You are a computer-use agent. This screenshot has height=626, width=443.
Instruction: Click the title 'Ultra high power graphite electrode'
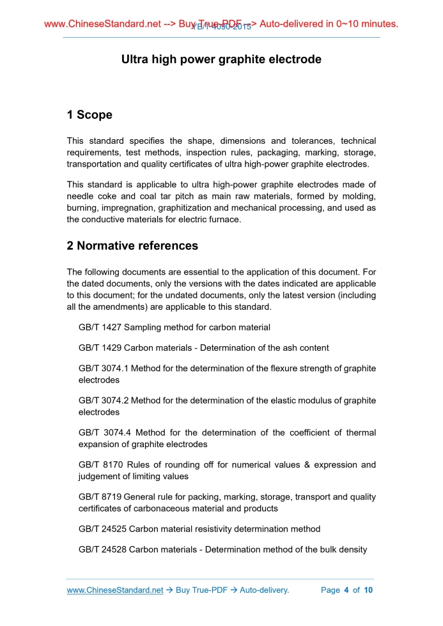[x=221, y=59]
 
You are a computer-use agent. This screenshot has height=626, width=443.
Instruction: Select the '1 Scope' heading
[x=89, y=115]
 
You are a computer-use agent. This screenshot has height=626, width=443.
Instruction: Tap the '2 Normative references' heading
[x=132, y=246]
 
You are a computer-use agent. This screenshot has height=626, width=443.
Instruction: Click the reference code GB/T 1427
[x=100, y=328]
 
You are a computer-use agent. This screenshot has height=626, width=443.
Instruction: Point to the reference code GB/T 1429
[x=100, y=348]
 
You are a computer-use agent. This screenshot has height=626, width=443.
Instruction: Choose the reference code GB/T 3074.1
[x=104, y=369]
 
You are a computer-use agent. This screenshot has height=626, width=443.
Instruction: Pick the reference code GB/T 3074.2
[x=104, y=401]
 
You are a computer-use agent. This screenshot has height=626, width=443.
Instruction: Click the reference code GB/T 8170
[x=100, y=465]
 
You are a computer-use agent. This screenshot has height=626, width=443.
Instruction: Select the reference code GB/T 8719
[x=100, y=497]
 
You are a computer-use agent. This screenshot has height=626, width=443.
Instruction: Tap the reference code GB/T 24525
[x=102, y=529]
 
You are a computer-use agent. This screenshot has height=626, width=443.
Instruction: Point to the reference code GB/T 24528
[x=102, y=549]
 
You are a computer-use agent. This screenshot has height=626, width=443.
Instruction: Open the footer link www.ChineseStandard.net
[x=115, y=590]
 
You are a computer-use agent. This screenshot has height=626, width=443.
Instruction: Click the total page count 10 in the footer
[x=368, y=590]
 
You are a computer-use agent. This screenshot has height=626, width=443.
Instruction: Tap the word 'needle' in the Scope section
[x=81, y=197]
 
